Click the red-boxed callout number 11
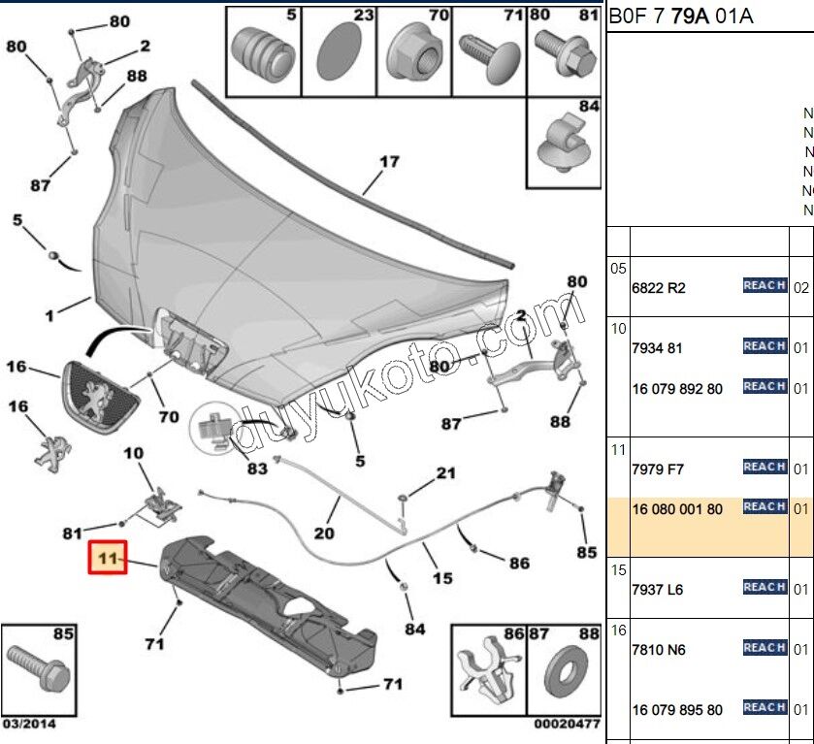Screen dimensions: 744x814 pyautogui.click(x=108, y=558)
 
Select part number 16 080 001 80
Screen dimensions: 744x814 pyautogui.click(x=677, y=509)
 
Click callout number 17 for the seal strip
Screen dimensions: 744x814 pyautogui.click(x=388, y=162)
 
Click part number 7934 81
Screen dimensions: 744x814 pyautogui.click(x=658, y=348)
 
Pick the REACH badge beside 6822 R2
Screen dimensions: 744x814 pyautogui.click(x=765, y=285)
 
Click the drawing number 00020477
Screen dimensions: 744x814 pyautogui.click(x=567, y=724)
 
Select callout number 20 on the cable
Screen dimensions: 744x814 pyautogui.click(x=323, y=533)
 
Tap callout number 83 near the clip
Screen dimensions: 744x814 pyautogui.click(x=257, y=468)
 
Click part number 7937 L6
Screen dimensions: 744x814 pyautogui.click(x=658, y=590)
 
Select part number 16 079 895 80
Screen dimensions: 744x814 pyautogui.click(x=677, y=710)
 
